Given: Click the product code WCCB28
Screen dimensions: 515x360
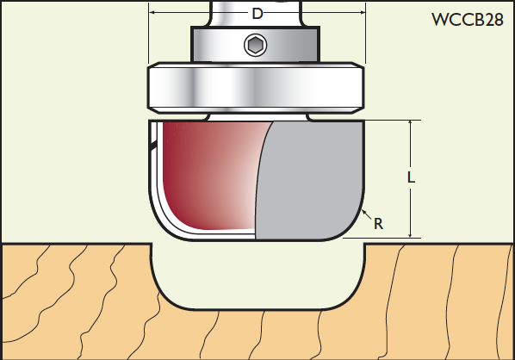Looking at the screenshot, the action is (467, 20).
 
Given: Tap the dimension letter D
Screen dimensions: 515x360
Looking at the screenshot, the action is (257, 14).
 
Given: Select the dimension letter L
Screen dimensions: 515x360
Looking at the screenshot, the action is (411, 177).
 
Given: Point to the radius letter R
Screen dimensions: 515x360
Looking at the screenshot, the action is (378, 224).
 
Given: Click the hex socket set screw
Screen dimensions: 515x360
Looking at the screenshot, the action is (255, 45).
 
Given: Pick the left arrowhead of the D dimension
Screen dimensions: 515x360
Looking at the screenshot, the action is (152, 12).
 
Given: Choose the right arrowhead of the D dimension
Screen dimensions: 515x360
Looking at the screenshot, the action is (362, 12).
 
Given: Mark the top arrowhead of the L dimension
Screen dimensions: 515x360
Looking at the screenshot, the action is (410, 123).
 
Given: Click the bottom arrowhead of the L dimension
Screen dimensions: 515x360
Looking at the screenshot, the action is (410, 234).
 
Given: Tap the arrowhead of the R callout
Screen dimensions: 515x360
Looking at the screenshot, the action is (364, 212).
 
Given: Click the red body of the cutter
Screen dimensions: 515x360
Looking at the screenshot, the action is (214, 174).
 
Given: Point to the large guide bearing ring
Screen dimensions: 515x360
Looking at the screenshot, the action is (256, 88).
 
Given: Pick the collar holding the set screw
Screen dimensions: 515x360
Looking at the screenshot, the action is (255, 44).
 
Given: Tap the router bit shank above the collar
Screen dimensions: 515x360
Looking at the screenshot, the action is (256, 13).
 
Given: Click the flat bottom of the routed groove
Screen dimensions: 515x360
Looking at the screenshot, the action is (257, 309).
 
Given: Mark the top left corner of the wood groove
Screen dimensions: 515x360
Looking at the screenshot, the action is (152, 244).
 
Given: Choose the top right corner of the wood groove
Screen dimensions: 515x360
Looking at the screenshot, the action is (364, 244).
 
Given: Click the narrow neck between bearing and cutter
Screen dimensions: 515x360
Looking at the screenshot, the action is (258, 117).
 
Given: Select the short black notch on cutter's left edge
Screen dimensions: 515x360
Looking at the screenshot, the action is (152, 146).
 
